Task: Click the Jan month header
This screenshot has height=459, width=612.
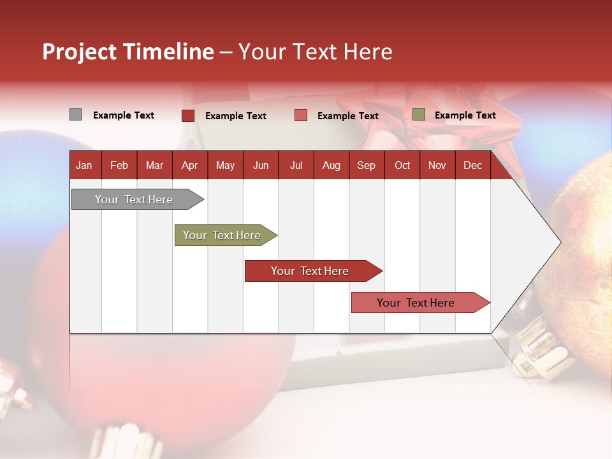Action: point(84,166)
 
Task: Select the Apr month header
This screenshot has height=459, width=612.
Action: point(189,166)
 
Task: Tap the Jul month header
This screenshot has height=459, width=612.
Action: point(296,166)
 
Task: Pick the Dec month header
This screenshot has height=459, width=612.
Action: point(472,166)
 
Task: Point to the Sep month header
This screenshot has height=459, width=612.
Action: point(366,166)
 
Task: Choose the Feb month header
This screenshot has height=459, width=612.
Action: point(119,166)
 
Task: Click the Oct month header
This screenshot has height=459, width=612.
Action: point(402,166)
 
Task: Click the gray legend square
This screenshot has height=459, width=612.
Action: point(75,115)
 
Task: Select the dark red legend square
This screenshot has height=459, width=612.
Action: point(188,115)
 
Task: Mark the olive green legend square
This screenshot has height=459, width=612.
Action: point(419,115)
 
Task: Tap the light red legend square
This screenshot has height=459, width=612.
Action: point(301,115)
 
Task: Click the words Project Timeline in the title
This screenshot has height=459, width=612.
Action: point(128,52)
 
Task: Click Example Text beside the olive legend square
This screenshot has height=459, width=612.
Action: point(465,115)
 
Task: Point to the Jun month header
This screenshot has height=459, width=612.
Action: point(261,166)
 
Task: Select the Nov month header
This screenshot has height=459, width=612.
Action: point(437,166)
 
